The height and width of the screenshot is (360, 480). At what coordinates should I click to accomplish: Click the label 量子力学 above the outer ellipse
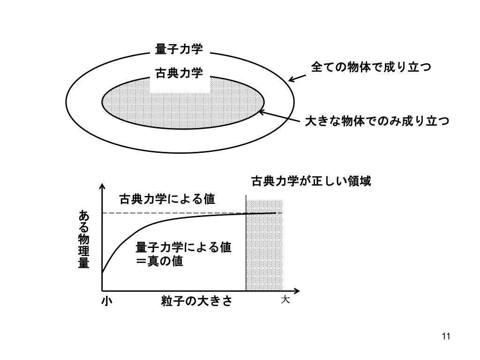(x=179, y=49)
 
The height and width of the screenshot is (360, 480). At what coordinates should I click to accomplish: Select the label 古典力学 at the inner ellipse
(x=179, y=74)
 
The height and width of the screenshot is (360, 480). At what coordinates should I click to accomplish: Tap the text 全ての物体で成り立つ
(x=371, y=67)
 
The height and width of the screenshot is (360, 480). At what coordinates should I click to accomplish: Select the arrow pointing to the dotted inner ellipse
(x=279, y=116)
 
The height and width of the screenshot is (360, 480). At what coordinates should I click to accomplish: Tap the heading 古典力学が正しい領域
(x=311, y=181)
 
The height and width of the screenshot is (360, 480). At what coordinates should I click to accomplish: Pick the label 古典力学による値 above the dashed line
(x=167, y=199)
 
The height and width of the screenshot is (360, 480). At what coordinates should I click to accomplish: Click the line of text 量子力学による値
(x=183, y=247)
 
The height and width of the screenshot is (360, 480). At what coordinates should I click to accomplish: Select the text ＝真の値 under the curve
(x=159, y=262)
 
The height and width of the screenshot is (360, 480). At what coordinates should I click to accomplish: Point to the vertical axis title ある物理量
(x=83, y=239)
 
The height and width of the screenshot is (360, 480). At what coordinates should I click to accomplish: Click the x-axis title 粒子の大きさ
(x=196, y=301)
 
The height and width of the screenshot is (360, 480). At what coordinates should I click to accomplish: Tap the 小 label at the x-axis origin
(x=106, y=301)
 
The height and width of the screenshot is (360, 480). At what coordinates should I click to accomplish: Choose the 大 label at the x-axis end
(x=285, y=300)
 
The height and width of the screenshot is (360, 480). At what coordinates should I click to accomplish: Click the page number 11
(x=446, y=337)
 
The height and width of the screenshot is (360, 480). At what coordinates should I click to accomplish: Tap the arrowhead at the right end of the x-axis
(x=297, y=291)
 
